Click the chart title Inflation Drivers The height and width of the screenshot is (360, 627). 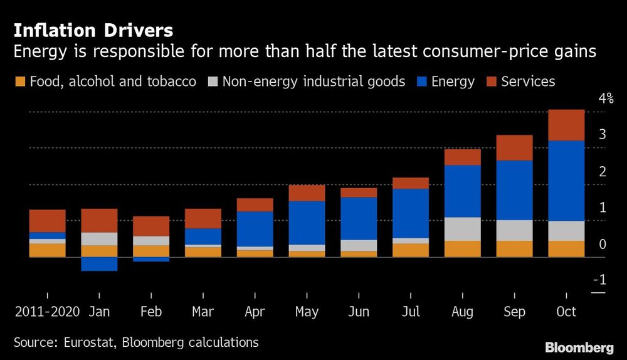click(x=93, y=30)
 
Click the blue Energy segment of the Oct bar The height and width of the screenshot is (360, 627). click(x=566, y=181)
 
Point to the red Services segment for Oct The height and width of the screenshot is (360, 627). click(x=566, y=125)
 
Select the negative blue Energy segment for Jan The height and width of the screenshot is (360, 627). click(x=99, y=263)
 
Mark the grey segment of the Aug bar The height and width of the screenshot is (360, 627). click(x=463, y=229)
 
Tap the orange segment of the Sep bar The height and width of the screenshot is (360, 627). click(x=514, y=248)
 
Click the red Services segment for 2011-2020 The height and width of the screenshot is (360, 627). click(x=47, y=221)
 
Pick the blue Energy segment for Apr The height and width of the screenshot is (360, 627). click(x=255, y=229)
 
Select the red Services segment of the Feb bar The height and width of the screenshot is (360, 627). click(x=151, y=226)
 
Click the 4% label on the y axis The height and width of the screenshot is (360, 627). click(x=606, y=98)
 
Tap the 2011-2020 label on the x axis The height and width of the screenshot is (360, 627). click(x=47, y=312)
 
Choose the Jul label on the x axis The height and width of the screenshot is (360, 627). click(x=411, y=312)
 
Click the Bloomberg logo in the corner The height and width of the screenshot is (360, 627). click(x=579, y=347)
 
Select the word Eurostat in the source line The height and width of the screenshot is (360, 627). click(x=88, y=342)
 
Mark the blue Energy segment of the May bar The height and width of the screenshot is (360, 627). click(x=307, y=223)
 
